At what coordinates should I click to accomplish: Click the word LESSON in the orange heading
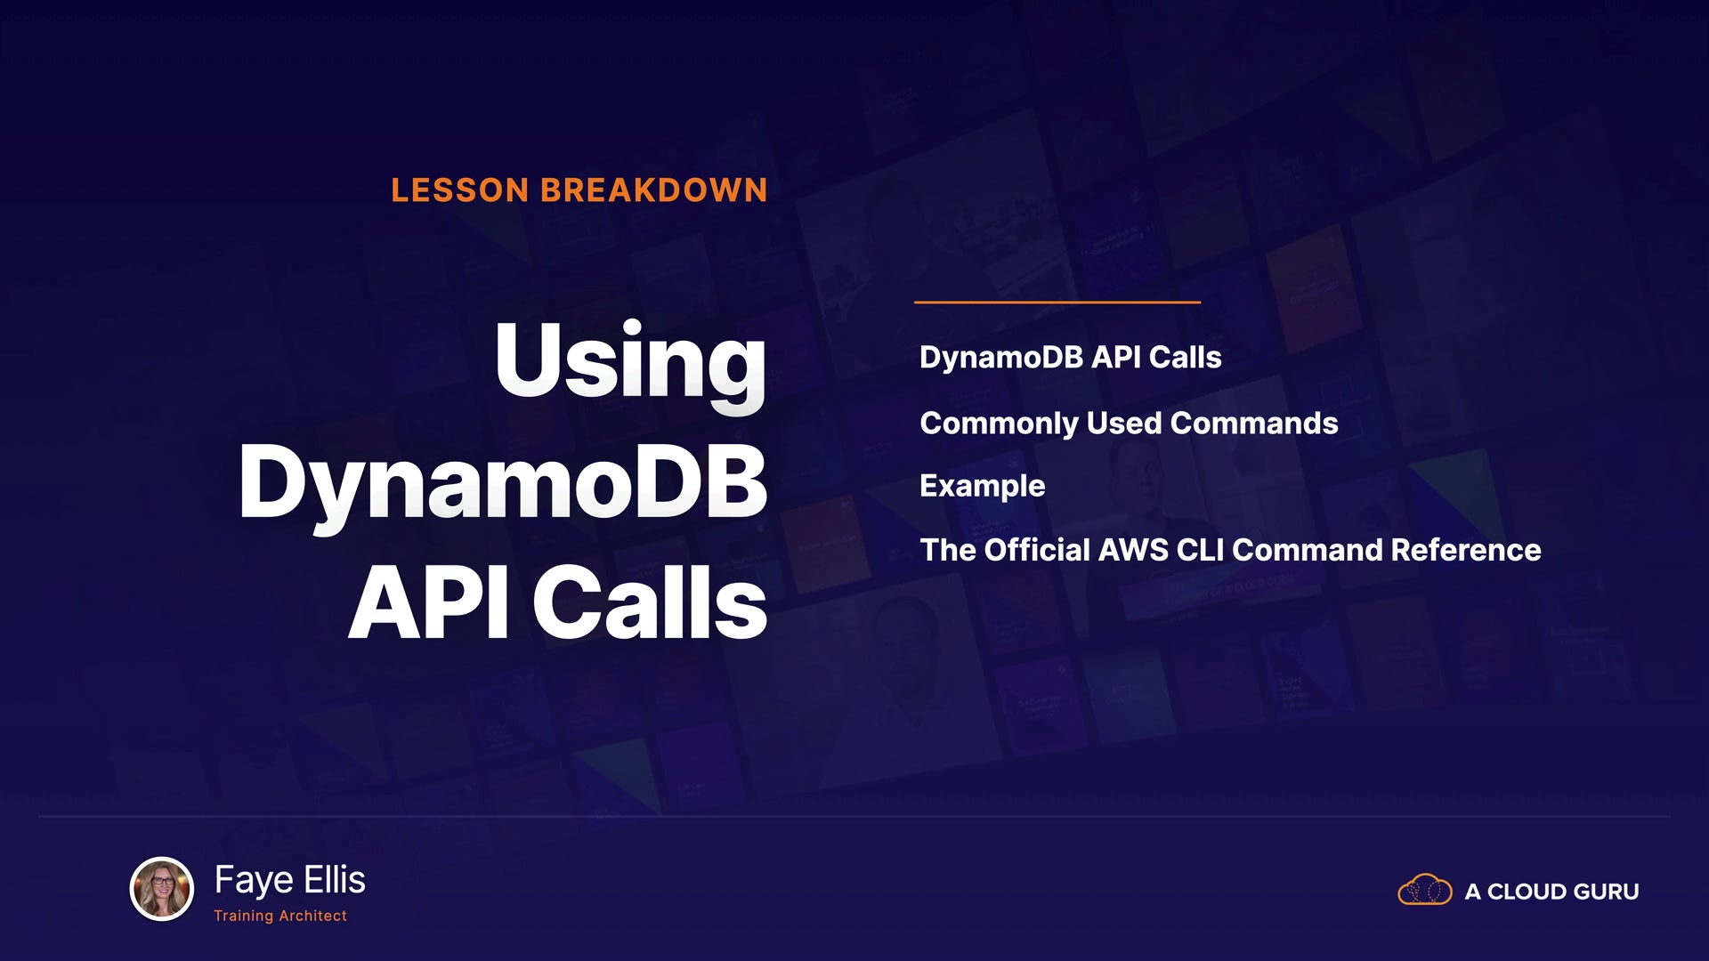click(x=460, y=190)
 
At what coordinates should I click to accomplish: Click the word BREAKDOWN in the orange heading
click(x=654, y=190)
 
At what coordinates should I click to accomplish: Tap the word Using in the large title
click(x=630, y=364)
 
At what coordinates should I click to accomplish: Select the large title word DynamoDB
click(x=503, y=485)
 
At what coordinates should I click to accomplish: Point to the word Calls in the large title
click(x=650, y=602)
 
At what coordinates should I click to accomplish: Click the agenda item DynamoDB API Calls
click(x=1070, y=358)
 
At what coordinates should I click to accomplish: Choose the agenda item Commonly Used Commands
click(x=1129, y=424)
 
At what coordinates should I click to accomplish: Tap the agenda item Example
click(x=983, y=487)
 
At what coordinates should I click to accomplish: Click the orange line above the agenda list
click(x=1057, y=303)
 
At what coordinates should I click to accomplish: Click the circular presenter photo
click(x=162, y=888)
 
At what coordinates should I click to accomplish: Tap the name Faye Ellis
click(x=290, y=880)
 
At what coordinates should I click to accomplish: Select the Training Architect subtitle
click(x=280, y=916)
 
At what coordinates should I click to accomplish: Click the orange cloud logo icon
click(x=1425, y=889)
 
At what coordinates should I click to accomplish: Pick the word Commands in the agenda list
click(x=1254, y=424)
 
